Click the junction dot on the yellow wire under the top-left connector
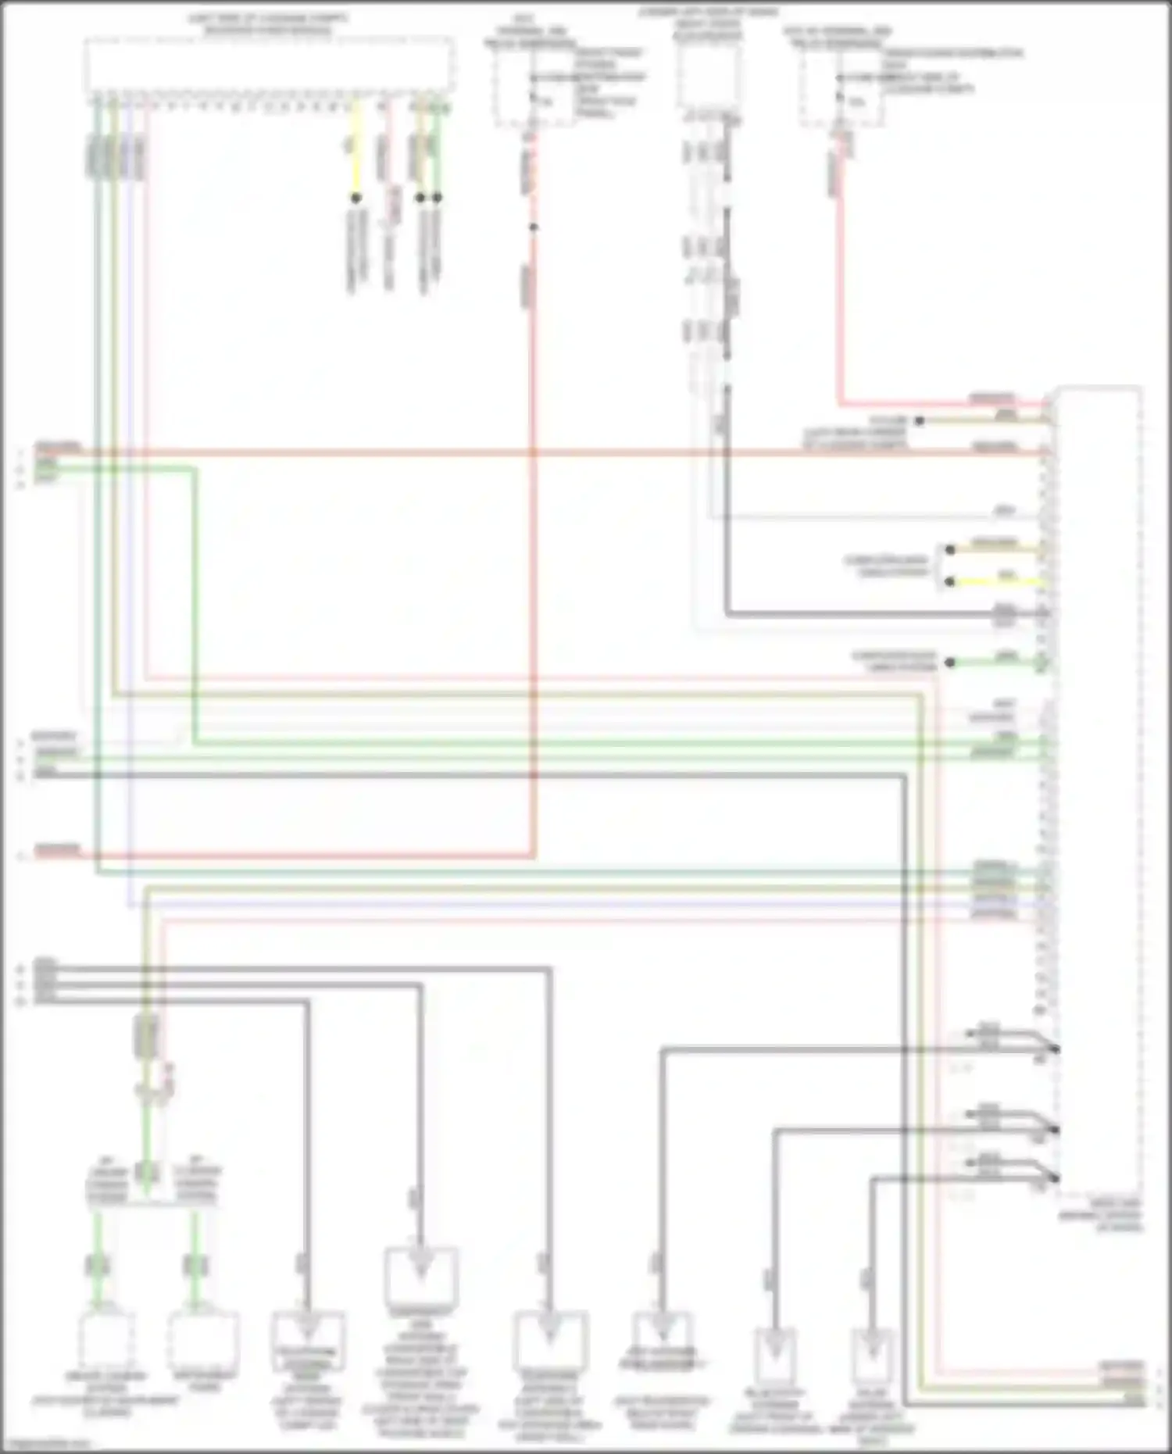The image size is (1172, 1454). pyautogui.click(x=356, y=198)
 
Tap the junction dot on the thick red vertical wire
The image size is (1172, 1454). pyautogui.click(x=534, y=227)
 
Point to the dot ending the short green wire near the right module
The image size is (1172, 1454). pyautogui.click(x=950, y=663)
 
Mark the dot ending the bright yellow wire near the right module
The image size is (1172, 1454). pyautogui.click(x=950, y=581)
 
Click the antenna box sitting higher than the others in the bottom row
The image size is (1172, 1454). pyautogui.click(x=421, y=1277)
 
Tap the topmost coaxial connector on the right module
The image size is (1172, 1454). pyautogui.click(x=1055, y=1049)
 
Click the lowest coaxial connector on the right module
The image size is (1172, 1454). pyautogui.click(x=1055, y=1177)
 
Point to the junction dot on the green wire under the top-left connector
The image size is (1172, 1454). pyautogui.click(x=437, y=198)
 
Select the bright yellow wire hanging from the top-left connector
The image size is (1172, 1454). pyautogui.click(x=356, y=148)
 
